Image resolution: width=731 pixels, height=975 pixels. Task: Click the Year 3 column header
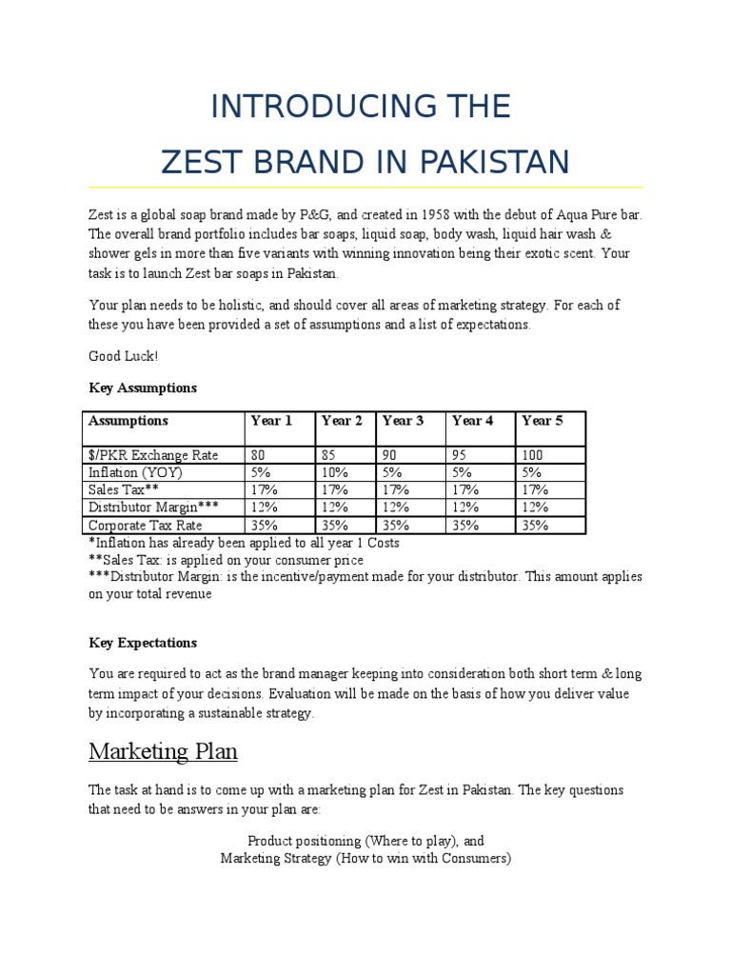pyautogui.click(x=403, y=421)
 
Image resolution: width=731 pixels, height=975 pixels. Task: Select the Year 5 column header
pyautogui.click(x=542, y=421)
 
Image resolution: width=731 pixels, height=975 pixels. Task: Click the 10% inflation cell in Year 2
pyautogui.click(x=335, y=472)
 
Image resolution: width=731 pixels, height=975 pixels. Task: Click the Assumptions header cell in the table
pyautogui.click(x=128, y=421)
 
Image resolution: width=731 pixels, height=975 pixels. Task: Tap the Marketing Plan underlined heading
pyautogui.click(x=163, y=752)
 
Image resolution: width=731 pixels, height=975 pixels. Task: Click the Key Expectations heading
pyautogui.click(x=143, y=643)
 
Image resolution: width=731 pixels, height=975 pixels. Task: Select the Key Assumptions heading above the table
pyautogui.click(x=143, y=388)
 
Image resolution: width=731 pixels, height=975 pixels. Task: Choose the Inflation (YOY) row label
pyautogui.click(x=135, y=472)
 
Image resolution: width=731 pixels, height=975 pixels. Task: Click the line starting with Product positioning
pyautogui.click(x=365, y=841)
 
